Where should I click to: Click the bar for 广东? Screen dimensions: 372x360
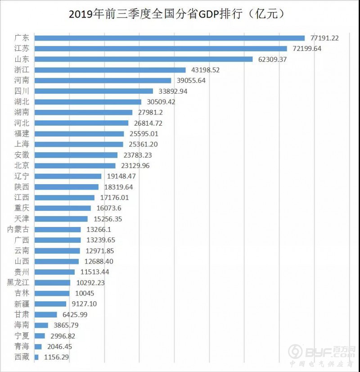click(169, 38)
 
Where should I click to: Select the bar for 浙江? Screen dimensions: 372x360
click(110, 70)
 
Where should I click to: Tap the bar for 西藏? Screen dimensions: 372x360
click(36, 357)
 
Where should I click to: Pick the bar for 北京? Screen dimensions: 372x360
click(75, 166)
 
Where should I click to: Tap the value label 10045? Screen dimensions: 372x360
click(84, 293)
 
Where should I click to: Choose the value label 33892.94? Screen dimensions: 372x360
click(172, 91)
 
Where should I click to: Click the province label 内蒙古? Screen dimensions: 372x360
click(19, 229)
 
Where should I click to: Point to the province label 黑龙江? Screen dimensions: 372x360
click(19, 282)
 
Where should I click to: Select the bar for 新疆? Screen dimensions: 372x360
click(50, 304)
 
